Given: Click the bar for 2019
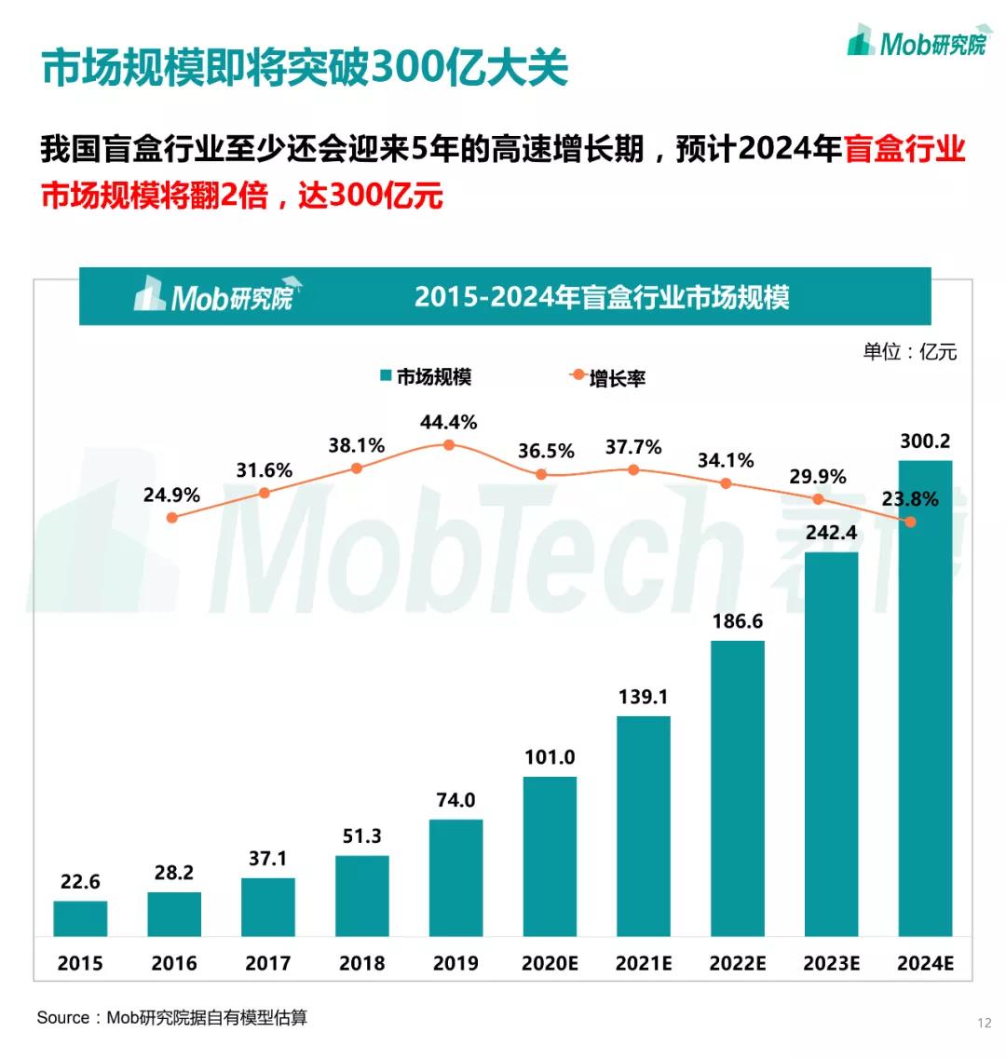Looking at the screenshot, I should coord(455,877).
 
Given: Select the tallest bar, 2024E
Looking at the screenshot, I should coord(925,698).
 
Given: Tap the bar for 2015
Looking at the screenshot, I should coord(80,918).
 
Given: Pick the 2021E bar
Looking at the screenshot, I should coord(644,825).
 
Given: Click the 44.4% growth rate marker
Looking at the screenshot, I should coord(449,445).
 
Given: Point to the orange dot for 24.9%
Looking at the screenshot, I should coord(171,517).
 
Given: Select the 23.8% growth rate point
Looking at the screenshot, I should coord(910,522).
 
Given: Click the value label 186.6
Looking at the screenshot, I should coord(738,621).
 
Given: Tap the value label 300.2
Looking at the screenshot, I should coord(925,441).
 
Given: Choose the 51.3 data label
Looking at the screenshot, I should coord(362,836).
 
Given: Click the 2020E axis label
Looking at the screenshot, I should coord(550,963).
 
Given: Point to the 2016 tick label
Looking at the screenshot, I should coord(174,963).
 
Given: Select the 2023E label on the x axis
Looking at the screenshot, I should coord(831,963).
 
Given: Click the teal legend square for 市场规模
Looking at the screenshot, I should coord(385,376).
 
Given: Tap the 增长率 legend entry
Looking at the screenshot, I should coord(617,378).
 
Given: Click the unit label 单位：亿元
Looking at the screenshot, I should coord(909,351).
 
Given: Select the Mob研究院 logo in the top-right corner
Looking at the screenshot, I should coord(917,43).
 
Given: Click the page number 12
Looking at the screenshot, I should coord(985,1023).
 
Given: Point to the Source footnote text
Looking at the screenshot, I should coord(171,1017).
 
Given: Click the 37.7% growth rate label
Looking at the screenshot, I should coord(633,447).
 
